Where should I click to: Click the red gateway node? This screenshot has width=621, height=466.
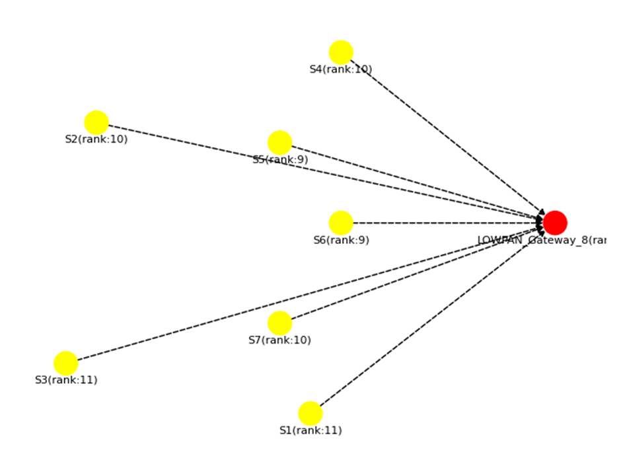point(555,223)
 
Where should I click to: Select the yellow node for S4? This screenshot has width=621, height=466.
point(341,52)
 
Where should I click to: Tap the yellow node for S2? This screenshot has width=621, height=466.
point(96,122)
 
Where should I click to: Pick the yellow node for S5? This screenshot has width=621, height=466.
point(280,143)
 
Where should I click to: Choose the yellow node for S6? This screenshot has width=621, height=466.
point(341,223)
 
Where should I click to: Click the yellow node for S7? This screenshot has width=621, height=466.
point(280,323)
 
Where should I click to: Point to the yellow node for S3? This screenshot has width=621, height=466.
point(66,363)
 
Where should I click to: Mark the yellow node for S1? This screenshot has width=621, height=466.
point(310,413)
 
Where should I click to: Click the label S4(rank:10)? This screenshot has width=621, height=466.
point(341,69)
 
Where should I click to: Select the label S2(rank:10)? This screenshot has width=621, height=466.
point(96,139)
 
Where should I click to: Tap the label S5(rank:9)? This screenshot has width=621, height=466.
point(280,159)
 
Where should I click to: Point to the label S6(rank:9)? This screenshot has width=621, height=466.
point(341,240)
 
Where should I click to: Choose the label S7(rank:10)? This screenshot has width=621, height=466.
point(280,340)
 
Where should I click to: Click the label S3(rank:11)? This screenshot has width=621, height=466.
point(66,380)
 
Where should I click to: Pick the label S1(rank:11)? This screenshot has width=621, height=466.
point(310,430)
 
